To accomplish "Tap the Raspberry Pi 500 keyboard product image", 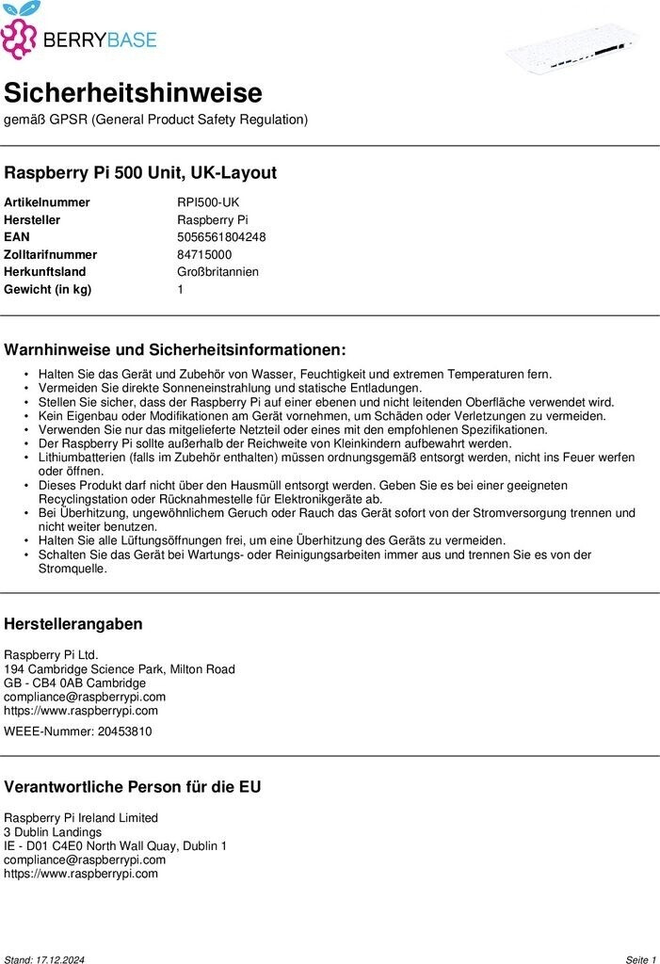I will point(571,48).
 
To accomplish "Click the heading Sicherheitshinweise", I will point(133,93).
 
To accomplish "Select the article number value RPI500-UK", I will point(208,202).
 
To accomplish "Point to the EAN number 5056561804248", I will point(221,237).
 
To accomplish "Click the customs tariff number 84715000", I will point(204,254).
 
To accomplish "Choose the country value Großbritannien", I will point(217,272).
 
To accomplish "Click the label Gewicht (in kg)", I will point(48,289).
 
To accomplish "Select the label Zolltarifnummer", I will point(51,254).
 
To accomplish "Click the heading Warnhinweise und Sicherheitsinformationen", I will point(175,349).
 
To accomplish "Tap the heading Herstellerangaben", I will point(73,624).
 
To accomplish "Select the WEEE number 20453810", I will point(124,731).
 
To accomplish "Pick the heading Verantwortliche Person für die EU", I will point(133,787).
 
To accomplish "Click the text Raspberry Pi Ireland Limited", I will point(81,818).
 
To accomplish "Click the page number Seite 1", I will point(640,959).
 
